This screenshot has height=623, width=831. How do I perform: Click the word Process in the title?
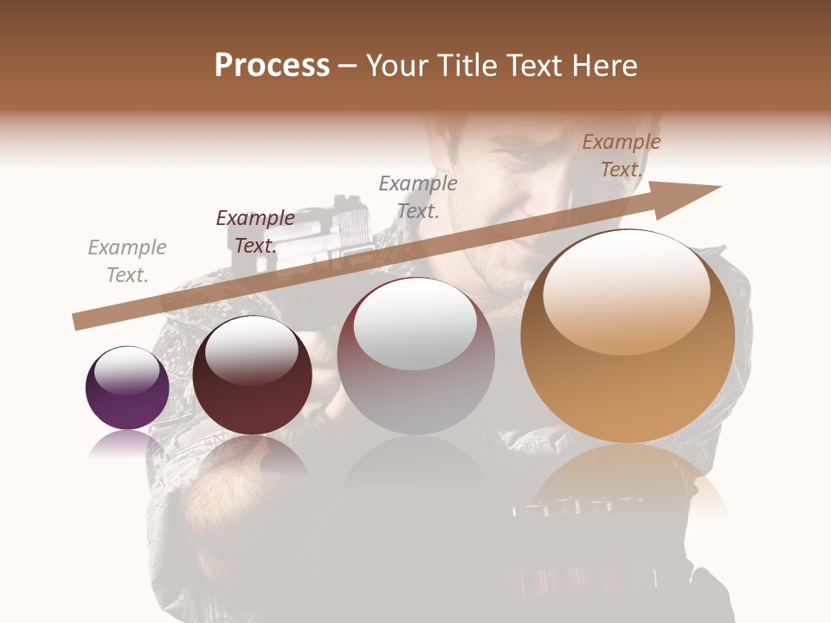272,66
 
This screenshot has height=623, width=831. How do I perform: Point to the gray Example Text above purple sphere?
127,261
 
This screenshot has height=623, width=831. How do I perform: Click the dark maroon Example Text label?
255,232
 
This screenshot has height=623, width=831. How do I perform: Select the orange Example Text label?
621,156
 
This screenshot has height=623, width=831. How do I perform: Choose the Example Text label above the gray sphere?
418,197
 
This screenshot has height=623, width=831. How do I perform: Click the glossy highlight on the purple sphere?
127,369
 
